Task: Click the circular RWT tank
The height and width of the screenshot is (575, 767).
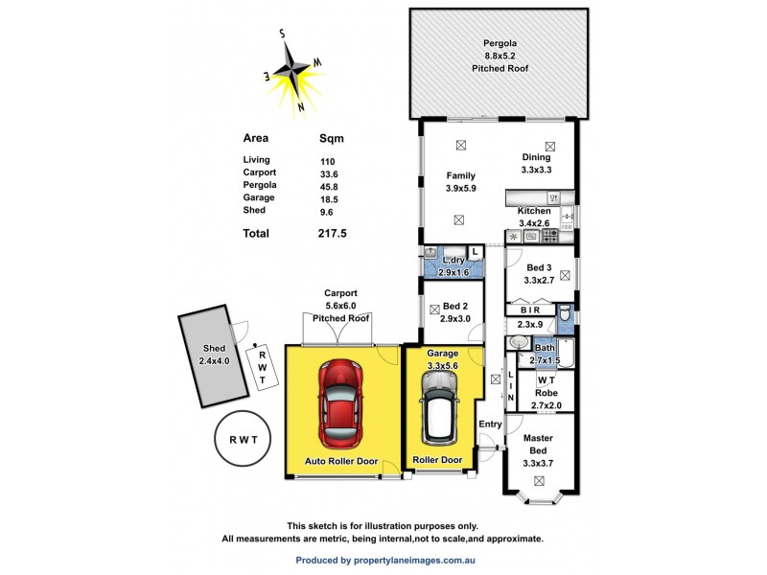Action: tap(243, 439)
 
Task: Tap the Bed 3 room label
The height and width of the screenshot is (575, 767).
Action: tap(540, 274)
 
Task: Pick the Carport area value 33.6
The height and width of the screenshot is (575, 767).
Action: tap(330, 172)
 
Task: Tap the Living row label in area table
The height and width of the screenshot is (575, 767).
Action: tap(257, 160)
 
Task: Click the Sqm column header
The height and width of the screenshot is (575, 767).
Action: tap(332, 138)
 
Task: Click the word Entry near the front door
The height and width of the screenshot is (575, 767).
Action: tap(490, 424)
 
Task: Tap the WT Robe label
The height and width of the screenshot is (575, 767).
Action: tap(547, 386)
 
